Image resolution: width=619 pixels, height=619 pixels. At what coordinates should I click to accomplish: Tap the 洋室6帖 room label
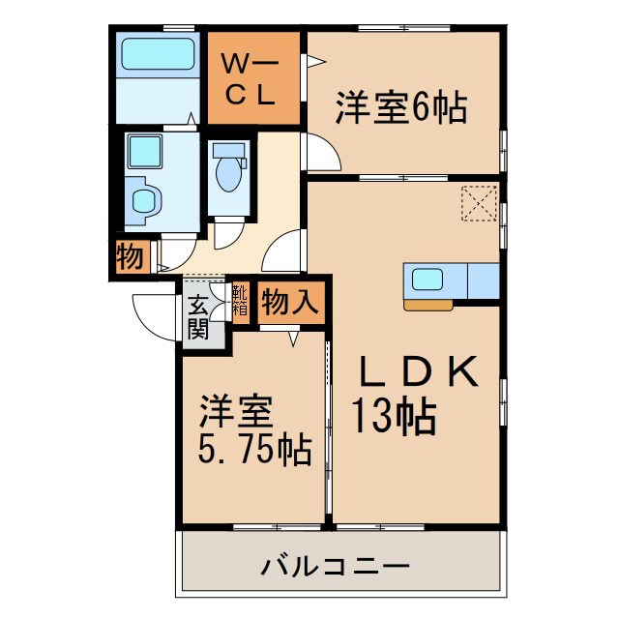pyautogui.click(x=401, y=105)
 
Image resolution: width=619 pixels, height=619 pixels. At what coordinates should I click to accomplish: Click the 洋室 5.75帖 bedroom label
pyautogui.click(x=253, y=430)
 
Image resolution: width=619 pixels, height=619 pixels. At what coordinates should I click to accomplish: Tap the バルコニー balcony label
pyautogui.click(x=336, y=566)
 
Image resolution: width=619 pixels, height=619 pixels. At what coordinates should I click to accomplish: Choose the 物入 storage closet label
pyautogui.click(x=290, y=302)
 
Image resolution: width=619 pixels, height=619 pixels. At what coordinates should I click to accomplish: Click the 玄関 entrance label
pyautogui.click(x=197, y=315)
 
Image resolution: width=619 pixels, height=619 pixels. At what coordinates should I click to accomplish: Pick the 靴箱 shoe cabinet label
pyautogui.click(x=239, y=300)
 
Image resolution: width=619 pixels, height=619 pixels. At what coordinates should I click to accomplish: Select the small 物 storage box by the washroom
pyautogui.click(x=129, y=258)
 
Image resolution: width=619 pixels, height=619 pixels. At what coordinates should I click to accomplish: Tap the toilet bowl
pyautogui.click(x=229, y=172)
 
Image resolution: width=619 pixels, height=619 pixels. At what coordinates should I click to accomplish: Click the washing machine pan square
pyautogui.click(x=145, y=151)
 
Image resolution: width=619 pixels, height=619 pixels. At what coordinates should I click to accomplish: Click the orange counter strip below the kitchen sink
pyautogui.click(x=427, y=305)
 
